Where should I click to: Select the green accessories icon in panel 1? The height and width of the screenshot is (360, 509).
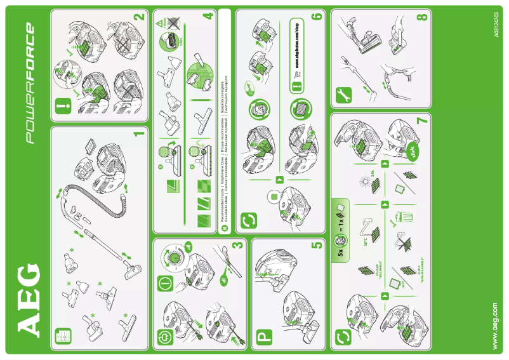62,335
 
